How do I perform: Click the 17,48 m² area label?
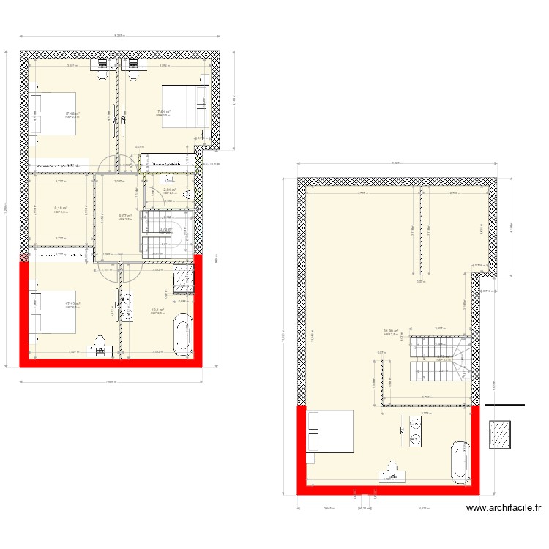(72, 113)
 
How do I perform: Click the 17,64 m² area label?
(163, 112)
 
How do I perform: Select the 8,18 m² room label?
(61, 208)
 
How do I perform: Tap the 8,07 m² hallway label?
(124, 216)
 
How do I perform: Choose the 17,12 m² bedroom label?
(72, 304)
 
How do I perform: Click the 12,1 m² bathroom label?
(158, 310)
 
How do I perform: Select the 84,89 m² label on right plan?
(391, 331)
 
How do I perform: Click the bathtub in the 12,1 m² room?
(182, 335)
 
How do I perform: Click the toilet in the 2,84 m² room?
(186, 194)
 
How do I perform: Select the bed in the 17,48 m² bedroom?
(53, 113)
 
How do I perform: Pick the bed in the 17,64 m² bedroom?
(181, 106)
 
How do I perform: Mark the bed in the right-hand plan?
(330, 432)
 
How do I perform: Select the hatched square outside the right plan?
(501, 438)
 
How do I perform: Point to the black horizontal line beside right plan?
(505, 405)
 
